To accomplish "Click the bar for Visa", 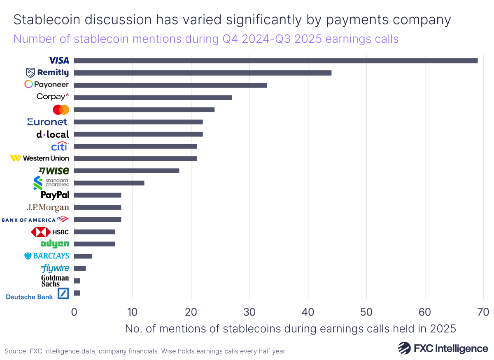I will (275, 60).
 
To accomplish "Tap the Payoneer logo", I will (47, 85).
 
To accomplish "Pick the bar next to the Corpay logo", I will (153, 97).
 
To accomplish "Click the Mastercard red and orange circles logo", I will (61, 109).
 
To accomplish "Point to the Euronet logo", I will (48, 122).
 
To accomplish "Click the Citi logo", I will (60, 146).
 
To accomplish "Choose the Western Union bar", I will (135, 158).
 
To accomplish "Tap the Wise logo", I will (54, 170).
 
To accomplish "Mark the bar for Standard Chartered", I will (109, 183).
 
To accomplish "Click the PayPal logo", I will (55, 195).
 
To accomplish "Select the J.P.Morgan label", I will (48, 207).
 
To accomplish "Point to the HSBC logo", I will (50, 232).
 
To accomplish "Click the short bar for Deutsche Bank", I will (77, 293).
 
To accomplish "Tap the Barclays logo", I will (47, 256).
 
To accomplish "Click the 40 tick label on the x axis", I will (308, 312).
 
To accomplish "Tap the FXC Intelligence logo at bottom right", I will (443, 348).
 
